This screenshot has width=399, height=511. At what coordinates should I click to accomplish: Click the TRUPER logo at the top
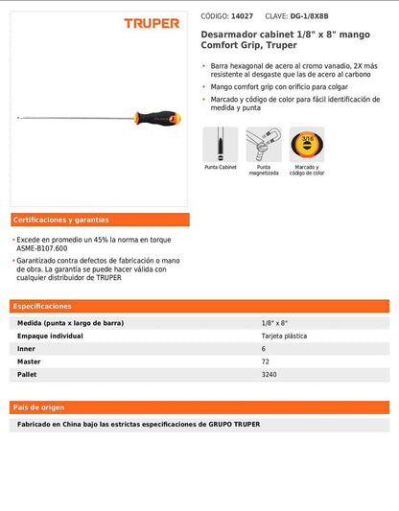pos(151,23)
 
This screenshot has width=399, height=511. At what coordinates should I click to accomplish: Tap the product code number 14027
pos(243,16)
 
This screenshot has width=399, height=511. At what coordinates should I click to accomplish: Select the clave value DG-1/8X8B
pos(314,16)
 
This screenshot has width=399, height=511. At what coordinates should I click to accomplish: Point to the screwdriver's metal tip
pos(18,119)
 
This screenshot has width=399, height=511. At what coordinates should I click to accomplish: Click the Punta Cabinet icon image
pos(220,145)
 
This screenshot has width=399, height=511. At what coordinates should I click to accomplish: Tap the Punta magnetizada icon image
pos(264,145)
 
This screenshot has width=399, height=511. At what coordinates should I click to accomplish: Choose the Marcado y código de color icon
pos(307,145)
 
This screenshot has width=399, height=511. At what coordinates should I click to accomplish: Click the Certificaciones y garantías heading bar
pos(100,220)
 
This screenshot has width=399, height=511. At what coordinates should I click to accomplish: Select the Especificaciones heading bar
pos(199,306)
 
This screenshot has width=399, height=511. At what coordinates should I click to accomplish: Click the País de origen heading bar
pos(199,406)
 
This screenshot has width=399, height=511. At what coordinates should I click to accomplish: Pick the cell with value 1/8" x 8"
pos(274,323)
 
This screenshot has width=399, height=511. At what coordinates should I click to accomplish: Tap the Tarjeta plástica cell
pos(284,337)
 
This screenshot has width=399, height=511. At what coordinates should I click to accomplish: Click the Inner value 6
pos(264,349)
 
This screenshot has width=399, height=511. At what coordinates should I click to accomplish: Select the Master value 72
pos(266,361)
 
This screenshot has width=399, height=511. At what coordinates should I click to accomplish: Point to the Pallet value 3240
pos(270,375)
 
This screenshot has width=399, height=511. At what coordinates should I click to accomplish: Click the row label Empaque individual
pos(50,337)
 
